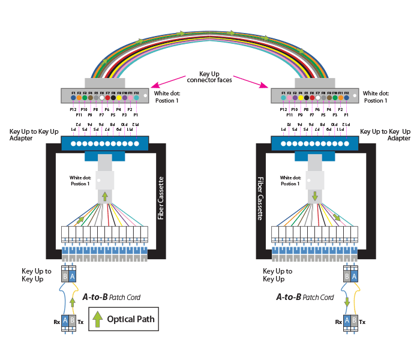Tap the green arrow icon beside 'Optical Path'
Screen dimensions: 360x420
pyautogui.click(x=97, y=319)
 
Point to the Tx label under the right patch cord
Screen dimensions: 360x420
pyautogui.click(x=362, y=322)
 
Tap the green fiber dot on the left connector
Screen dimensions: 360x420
pyautogui.click(x=90, y=97)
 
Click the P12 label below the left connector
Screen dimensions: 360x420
pyautogui.click(x=73, y=109)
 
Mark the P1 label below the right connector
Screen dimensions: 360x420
pyautogui.click(x=346, y=114)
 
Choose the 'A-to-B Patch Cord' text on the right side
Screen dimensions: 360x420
pyautogui.click(x=305, y=297)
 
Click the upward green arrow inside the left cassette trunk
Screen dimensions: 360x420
pyautogui.click(x=105, y=197)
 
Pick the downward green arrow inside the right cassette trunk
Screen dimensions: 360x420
pyautogui.click(x=314, y=197)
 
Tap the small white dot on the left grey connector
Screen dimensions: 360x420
pyautogui.click(x=144, y=95)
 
